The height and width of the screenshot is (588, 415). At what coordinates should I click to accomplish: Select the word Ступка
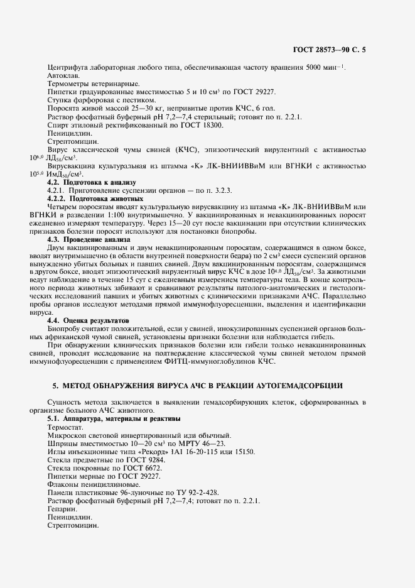pos(60,100)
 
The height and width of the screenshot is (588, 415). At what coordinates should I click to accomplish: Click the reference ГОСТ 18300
pos(202,124)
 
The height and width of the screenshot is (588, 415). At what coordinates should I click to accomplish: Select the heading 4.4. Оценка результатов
pos(88,320)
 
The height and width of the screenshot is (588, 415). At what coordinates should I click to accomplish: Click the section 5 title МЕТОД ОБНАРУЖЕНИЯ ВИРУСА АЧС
pos(207,385)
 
